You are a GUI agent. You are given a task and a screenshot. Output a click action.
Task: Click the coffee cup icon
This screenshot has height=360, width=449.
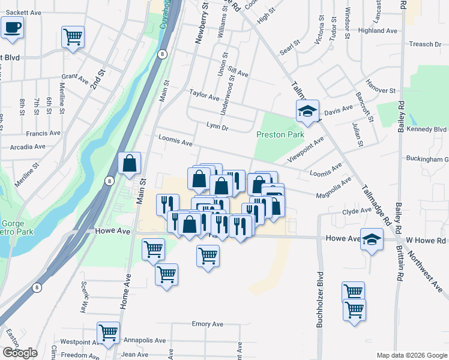click(x=13, y=27)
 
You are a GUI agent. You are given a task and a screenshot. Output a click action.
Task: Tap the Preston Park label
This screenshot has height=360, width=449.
click(x=280, y=135)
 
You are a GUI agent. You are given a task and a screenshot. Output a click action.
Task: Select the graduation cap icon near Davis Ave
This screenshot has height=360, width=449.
click(x=307, y=111)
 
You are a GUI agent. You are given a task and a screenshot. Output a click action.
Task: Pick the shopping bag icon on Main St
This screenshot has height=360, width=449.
click(x=130, y=163)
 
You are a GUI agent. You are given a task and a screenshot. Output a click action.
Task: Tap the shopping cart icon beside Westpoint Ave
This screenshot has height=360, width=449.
click(x=108, y=332)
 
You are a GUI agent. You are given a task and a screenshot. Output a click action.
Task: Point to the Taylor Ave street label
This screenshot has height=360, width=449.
click(x=204, y=94)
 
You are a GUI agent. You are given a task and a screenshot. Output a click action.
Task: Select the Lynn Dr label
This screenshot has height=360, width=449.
click(x=217, y=127)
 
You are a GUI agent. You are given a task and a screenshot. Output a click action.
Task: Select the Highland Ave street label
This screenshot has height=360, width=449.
click(x=378, y=30)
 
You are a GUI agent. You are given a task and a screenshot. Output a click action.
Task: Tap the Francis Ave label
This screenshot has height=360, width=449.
click(x=43, y=133)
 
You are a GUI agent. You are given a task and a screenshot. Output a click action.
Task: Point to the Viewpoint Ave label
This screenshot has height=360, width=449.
click(x=306, y=148)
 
